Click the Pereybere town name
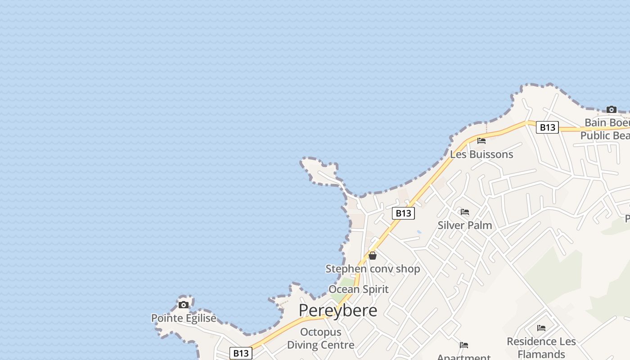[337, 310]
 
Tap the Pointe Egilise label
[184, 318]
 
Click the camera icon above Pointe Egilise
[183, 305]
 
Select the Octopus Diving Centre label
[320, 338]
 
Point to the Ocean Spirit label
[358, 289]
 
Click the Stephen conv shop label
[373, 269]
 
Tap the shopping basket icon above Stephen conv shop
[373, 256]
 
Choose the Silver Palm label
[465, 225]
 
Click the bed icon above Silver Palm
[465, 212]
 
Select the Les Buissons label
[481, 154]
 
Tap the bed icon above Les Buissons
[481, 141]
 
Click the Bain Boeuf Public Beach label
[605, 129]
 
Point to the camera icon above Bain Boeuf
[611, 109]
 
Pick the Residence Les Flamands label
[541, 347]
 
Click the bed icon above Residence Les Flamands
[541, 328]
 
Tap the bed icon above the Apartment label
[464, 345]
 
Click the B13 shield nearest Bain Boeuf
[547, 127]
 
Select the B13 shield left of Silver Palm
[403, 213]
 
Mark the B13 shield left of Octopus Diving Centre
[241, 353]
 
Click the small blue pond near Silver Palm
[419, 232]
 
